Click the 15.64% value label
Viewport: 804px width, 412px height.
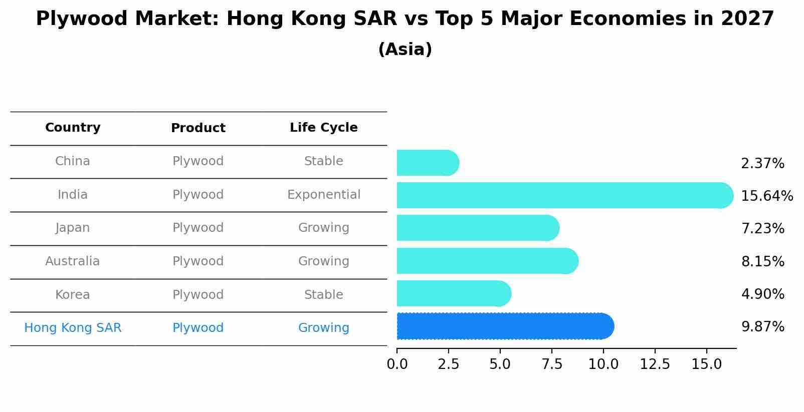[767, 196]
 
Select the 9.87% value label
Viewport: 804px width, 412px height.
[762, 327]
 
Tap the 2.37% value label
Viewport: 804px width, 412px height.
[762, 164]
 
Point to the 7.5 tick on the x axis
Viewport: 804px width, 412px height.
[552, 364]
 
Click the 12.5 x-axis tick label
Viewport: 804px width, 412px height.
[655, 364]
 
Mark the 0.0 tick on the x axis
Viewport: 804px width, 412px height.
[397, 364]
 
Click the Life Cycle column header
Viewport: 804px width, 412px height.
[323, 128]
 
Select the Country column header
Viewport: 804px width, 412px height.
[73, 128]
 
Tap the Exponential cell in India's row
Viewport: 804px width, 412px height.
[323, 195]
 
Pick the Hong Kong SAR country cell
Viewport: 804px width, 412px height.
[73, 328]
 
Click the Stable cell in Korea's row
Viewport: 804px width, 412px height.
[323, 295]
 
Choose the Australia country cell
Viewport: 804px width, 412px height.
[73, 261]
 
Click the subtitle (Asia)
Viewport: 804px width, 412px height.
[405, 50]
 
